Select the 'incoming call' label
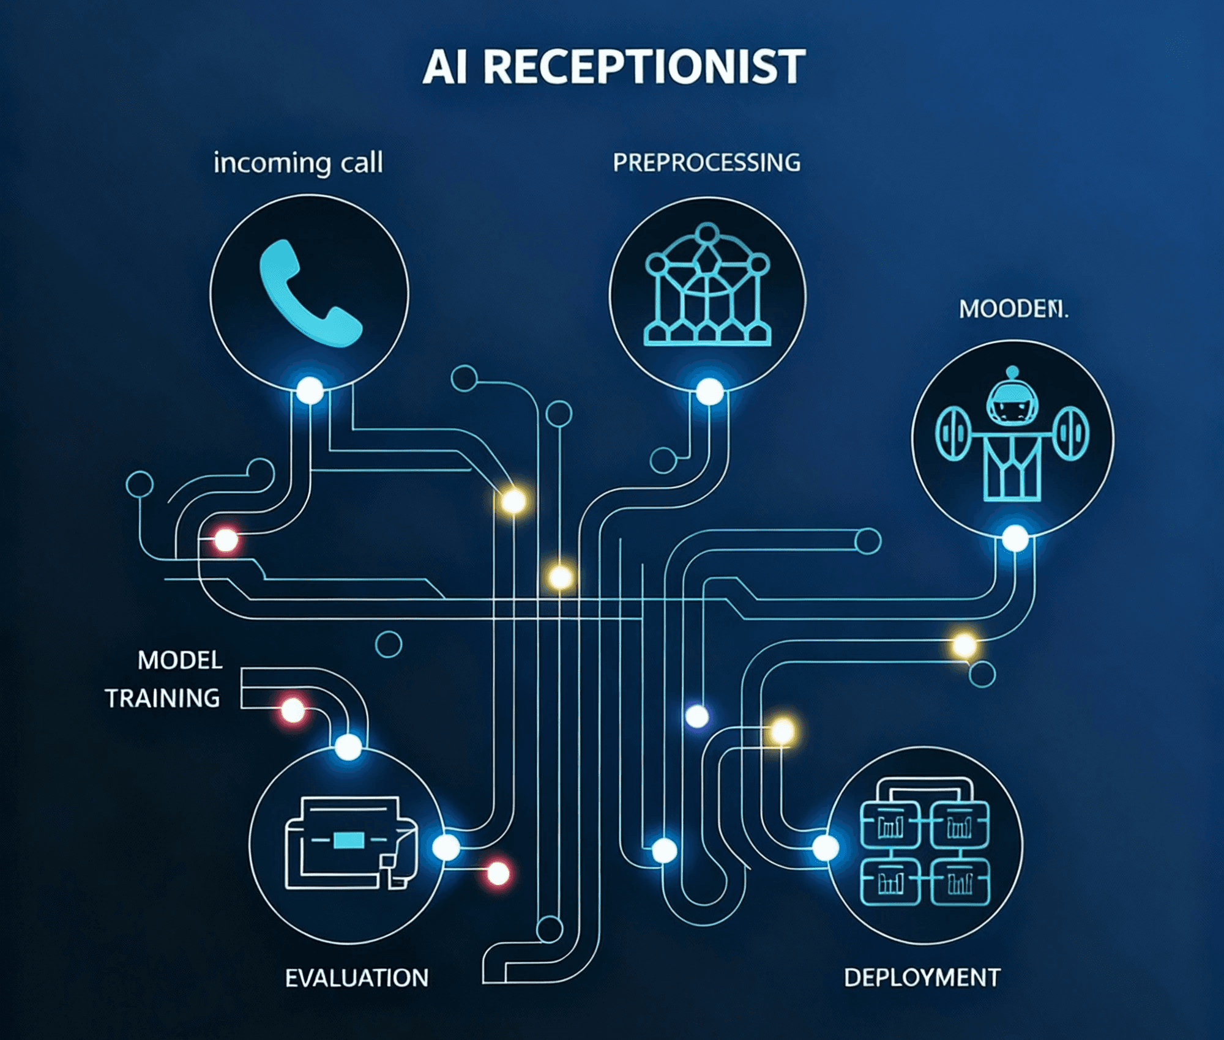[298, 163]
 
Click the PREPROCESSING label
[707, 163]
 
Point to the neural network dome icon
[707, 284]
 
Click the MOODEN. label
[1013, 309]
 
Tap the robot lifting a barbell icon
[1012, 434]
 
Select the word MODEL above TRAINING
[180, 660]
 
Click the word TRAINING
[163, 698]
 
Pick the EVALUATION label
[357, 978]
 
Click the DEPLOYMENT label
[922, 978]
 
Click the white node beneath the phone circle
[310, 390]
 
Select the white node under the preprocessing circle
[709, 391]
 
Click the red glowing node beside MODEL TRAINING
[293, 710]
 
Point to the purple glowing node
[696, 716]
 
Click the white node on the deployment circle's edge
[825, 848]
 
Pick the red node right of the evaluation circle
[498, 873]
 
